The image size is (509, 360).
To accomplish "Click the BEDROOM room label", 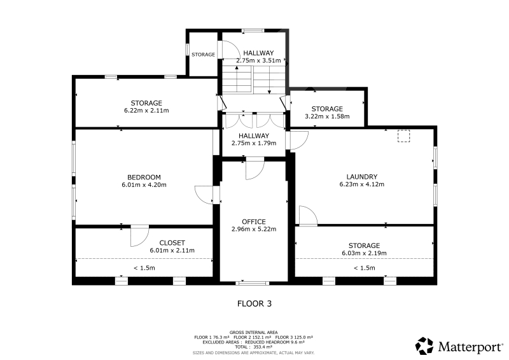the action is [144, 177].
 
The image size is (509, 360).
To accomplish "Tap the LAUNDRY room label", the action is [362, 177].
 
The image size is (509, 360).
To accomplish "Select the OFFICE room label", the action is [254, 222].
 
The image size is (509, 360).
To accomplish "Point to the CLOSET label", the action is [172, 243].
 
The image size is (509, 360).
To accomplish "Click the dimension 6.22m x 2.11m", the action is [146, 111].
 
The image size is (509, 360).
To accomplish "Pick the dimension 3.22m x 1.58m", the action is [327, 116].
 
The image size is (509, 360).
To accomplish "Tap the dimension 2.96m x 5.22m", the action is [254, 229].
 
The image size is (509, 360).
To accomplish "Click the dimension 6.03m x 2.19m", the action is [364, 253].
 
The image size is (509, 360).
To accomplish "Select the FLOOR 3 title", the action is [254, 304].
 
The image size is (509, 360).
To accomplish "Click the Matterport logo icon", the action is [424, 346].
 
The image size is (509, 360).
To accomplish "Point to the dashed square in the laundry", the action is [404, 136].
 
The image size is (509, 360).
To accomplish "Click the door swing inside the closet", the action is [139, 236].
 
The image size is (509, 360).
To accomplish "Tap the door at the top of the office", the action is [255, 169].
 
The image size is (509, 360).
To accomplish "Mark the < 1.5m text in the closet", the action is [144, 268].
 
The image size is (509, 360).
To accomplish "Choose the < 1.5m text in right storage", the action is [364, 268].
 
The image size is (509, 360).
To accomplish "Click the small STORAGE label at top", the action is [203, 55].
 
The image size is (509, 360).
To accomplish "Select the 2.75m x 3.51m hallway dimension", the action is [259, 60].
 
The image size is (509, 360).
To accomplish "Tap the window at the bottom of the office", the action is [252, 284].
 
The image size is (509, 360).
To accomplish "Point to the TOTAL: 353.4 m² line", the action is [253, 347].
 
